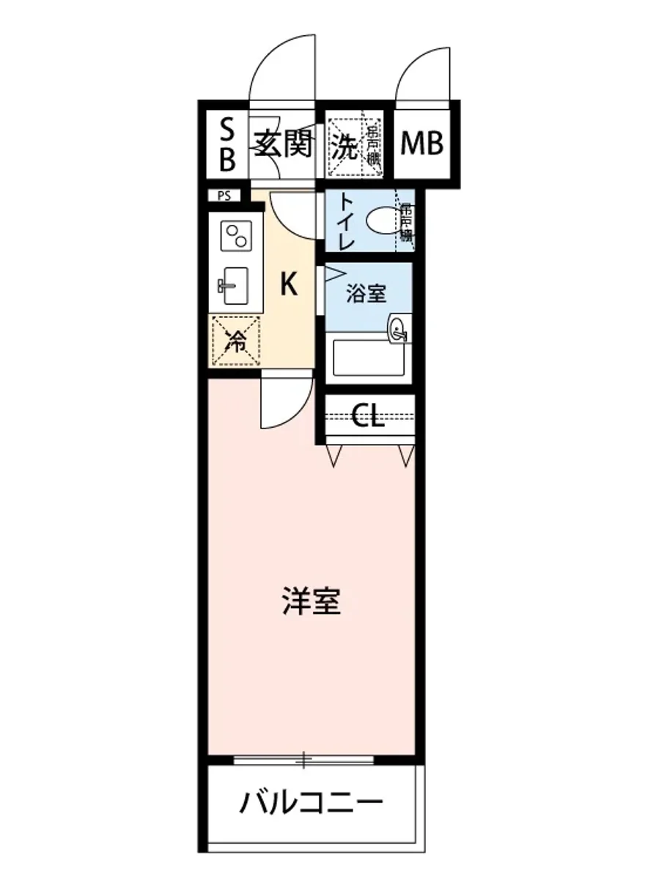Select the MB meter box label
tap(422, 144)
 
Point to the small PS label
tap(224, 196)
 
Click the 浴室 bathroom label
tap(366, 295)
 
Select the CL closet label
tap(368, 417)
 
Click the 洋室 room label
tap(312, 601)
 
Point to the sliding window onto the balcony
tap(312, 760)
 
